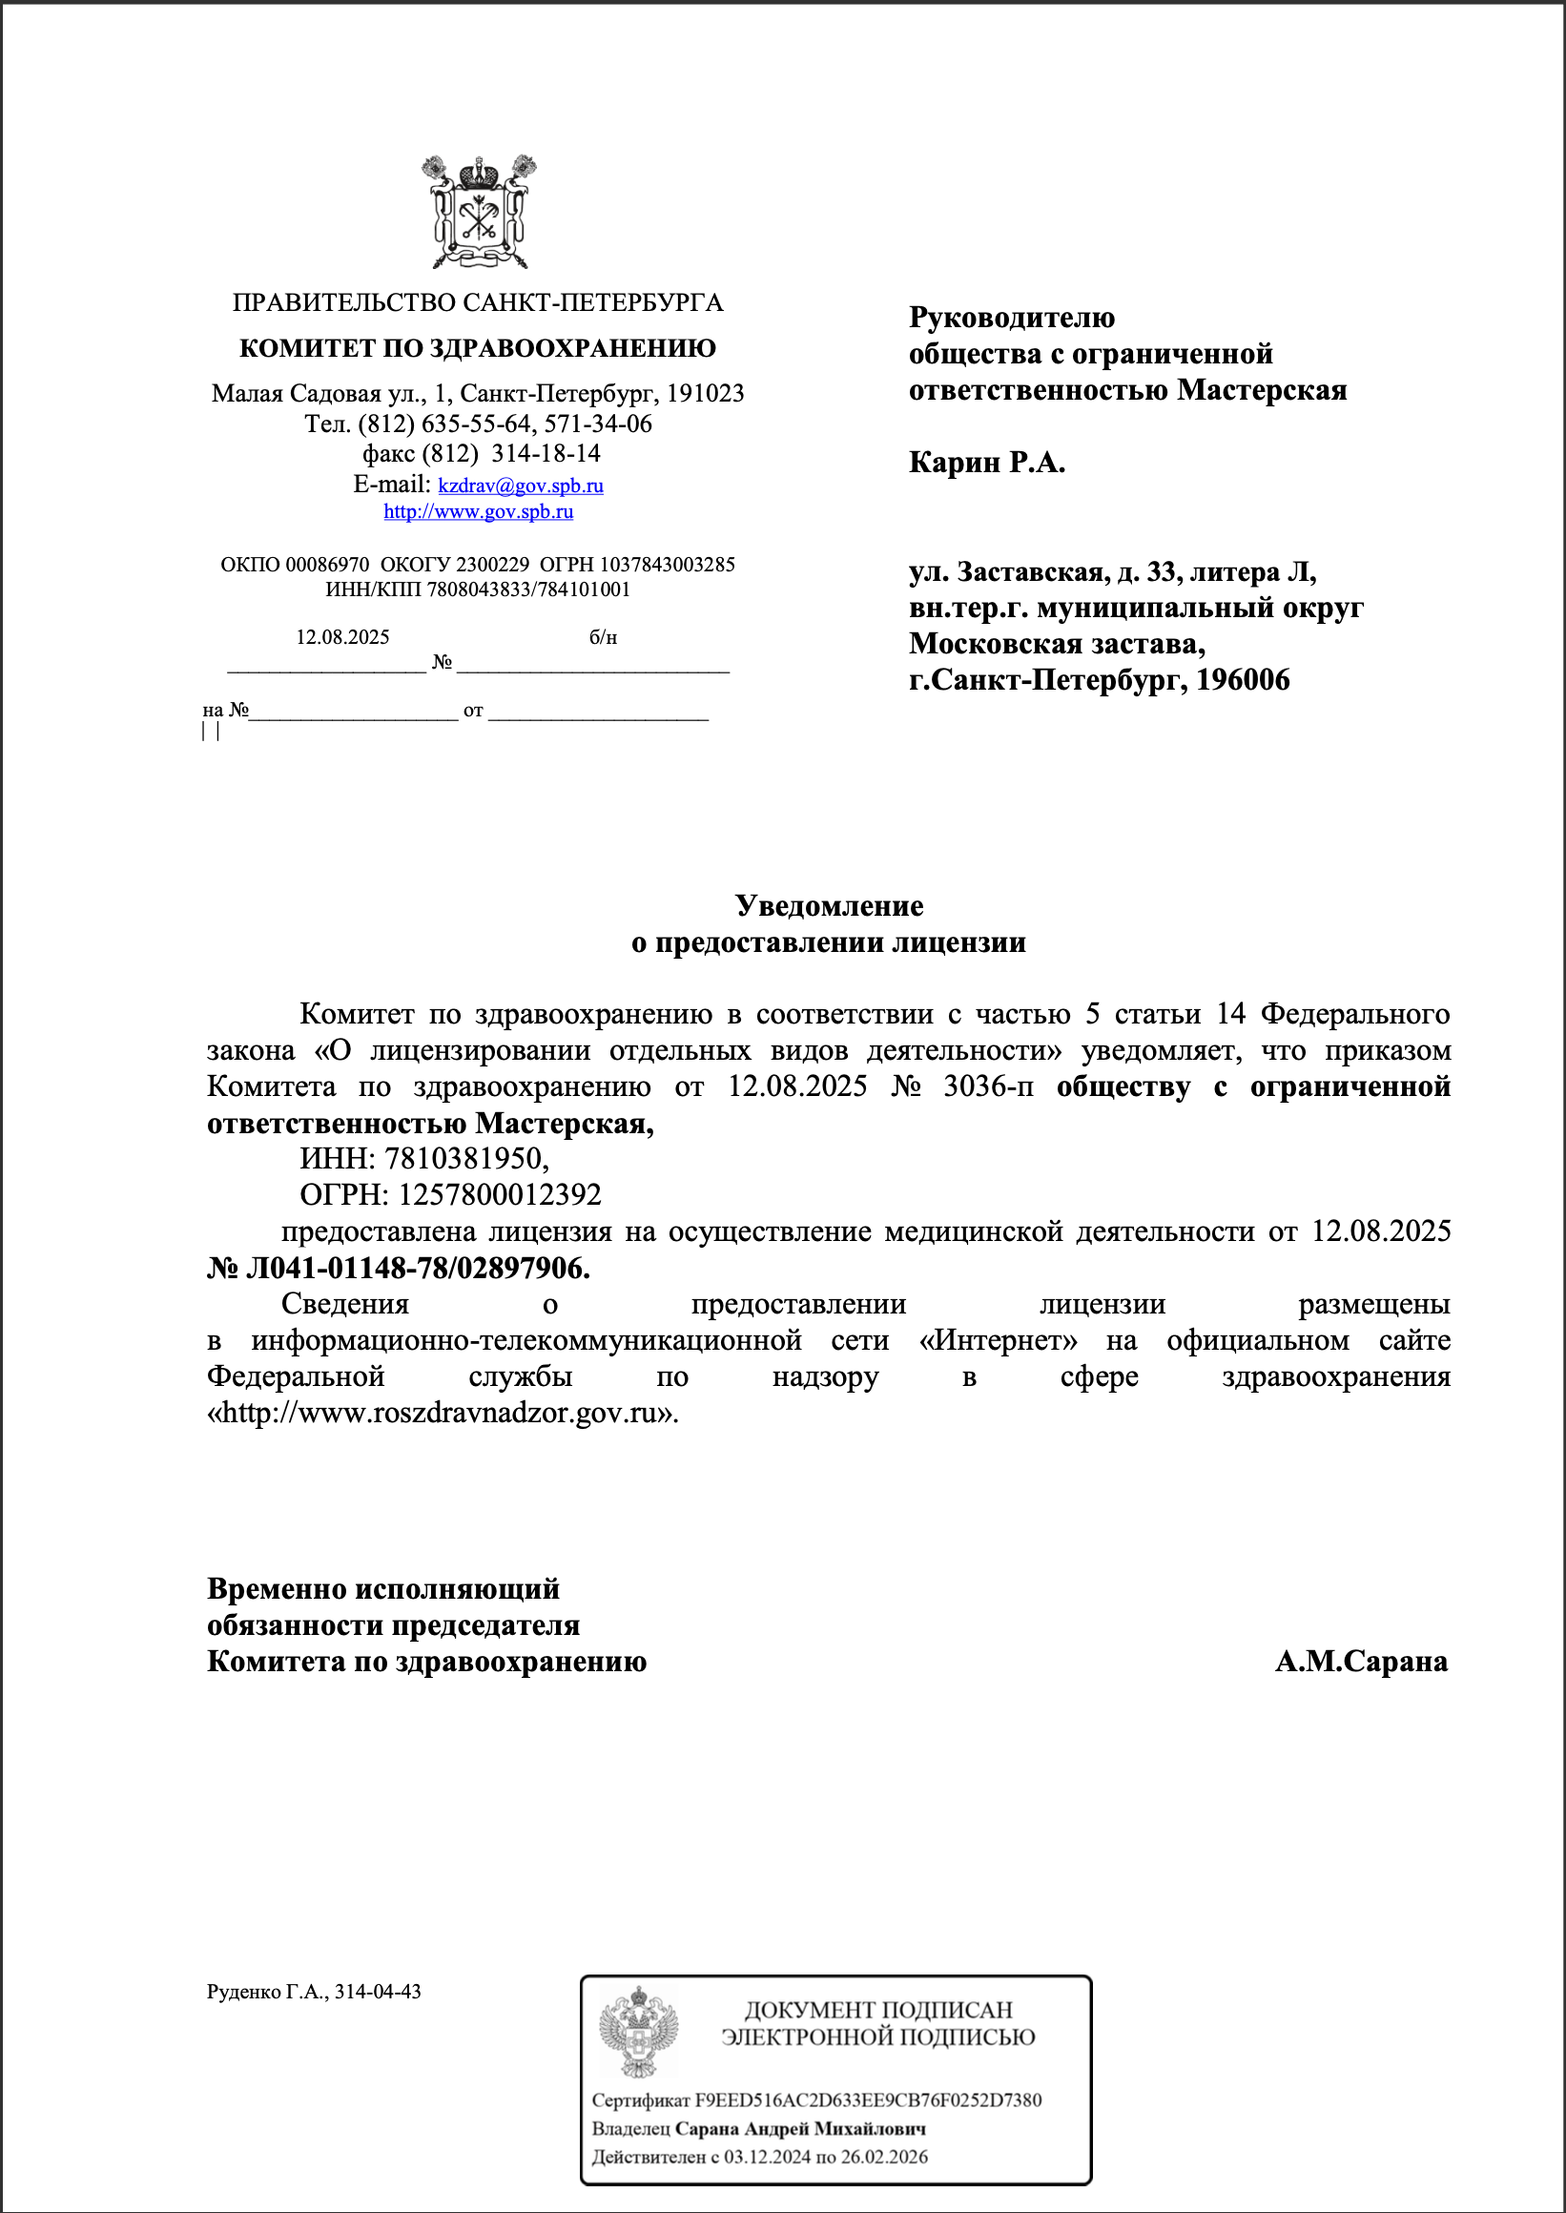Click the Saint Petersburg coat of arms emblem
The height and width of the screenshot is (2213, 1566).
tap(478, 212)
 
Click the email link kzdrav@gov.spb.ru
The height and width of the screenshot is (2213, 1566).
tap(520, 485)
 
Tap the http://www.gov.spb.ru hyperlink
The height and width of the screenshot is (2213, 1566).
tap(478, 512)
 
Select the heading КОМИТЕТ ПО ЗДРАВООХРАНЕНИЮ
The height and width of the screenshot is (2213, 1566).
tap(477, 348)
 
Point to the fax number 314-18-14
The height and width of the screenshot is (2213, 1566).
tap(545, 453)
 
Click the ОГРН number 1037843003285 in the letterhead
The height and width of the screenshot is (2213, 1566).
tap(667, 565)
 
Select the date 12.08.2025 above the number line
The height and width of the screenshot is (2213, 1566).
tap(342, 637)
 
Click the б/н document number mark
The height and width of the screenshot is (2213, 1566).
tap(603, 637)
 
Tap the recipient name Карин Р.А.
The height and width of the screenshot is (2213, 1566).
tap(986, 463)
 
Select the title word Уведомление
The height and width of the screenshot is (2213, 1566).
tap(829, 905)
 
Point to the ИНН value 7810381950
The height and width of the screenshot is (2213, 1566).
tap(465, 1158)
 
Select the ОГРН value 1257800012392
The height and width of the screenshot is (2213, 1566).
tap(500, 1194)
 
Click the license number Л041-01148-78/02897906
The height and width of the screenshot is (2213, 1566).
tap(417, 1268)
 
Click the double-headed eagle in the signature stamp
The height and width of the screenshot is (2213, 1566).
tap(638, 2033)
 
